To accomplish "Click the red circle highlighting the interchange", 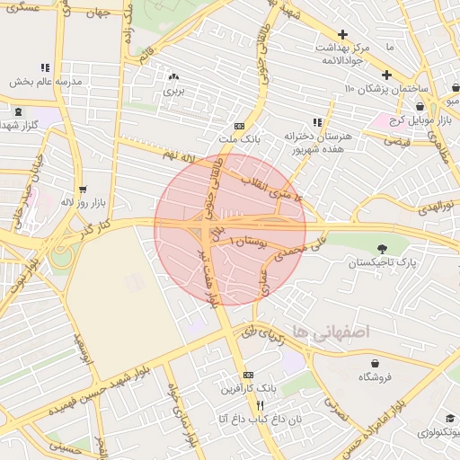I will coord(229,229).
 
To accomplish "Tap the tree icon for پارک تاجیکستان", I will coord(384,248).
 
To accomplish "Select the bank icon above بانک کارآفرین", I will coord(249,375).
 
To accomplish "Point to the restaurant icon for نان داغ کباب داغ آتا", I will coord(260,405).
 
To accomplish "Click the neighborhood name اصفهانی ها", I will coord(324,332).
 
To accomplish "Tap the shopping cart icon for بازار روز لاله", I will coord(83,190).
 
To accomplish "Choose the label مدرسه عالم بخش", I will coord(46,81).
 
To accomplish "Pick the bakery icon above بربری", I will coord(173,77).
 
